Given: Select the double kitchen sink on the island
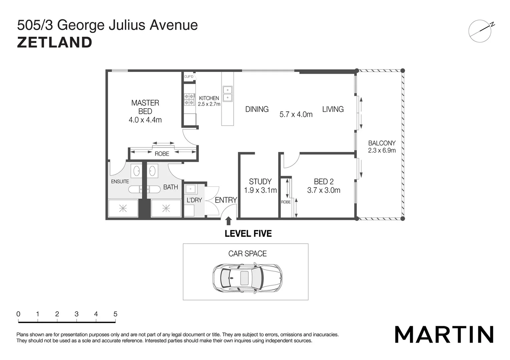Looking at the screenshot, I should click(227, 94).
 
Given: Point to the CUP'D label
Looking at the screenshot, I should click(189, 77).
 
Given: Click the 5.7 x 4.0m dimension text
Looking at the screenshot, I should click(296, 115).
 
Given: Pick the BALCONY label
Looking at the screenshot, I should click(382, 143).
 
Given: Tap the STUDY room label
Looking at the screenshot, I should click(260, 182).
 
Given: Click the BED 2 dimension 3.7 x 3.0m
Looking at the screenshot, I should click(324, 190).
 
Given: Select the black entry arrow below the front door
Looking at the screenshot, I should click(228, 221).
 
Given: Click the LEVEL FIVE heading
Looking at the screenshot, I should click(248, 234).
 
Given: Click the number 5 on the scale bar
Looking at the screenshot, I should click(115, 314).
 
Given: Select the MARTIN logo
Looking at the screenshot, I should click(444, 334).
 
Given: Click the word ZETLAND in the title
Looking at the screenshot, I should click(55, 43).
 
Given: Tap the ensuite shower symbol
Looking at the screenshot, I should click(123, 209).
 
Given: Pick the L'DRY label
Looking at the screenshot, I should click(194, 200).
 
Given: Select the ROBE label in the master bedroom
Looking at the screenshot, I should click(162, 154).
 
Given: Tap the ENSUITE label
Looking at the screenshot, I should click(120, 182).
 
